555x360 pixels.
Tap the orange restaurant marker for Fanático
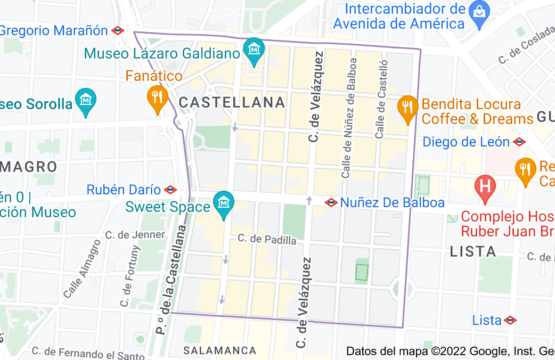[156, 97]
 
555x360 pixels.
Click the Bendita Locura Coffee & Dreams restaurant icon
[406, 107]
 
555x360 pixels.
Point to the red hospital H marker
[485, 185]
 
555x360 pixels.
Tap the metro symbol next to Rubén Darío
[171, 189]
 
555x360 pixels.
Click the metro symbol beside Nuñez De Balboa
[331, 202]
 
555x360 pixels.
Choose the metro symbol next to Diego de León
[519, 142]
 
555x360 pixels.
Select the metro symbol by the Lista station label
[510, 320]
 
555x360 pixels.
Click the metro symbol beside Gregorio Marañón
[118, 30]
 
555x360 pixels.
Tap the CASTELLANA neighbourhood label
[232, 102]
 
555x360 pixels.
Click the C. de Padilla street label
[267, 240]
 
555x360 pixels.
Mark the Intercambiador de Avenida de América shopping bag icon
[479, 12]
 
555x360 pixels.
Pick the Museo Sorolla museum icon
[86, 101]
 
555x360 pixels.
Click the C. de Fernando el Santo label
[95, 351]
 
